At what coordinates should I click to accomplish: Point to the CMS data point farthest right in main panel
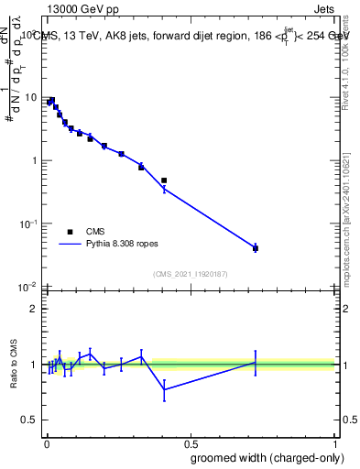[256, 248]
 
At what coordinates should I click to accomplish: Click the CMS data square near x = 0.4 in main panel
[164, 180]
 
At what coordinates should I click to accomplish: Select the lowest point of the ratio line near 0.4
[164, 389]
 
